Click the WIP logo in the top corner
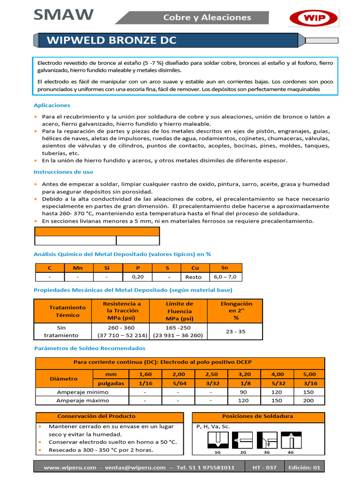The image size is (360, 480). point(314,18)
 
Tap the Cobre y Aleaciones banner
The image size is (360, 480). point(207,17)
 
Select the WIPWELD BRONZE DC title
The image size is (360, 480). point(112,40)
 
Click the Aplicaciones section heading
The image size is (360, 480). point(52,105)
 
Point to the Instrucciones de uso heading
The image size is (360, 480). point(63,172)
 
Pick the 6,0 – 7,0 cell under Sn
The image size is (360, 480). point(225,277)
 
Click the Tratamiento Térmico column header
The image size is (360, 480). point(68,311)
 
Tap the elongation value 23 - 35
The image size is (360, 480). point(236,331)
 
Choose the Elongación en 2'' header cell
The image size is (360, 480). point(236,311)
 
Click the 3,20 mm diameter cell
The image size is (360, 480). point(243,374)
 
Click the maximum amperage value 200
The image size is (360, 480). point(308,401)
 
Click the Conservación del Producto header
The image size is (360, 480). point(96,416)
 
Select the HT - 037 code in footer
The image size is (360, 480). point(264,467)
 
